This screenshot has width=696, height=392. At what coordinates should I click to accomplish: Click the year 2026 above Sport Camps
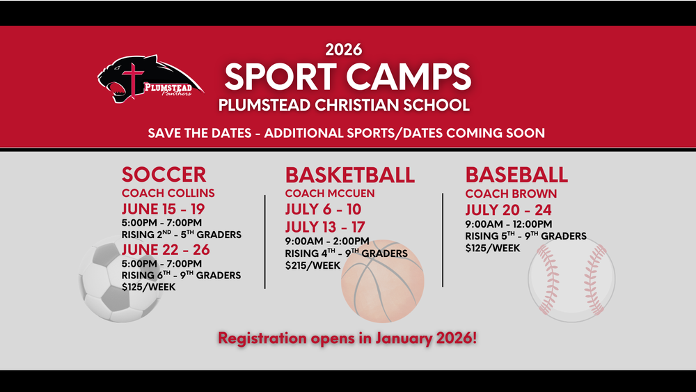[x=343, y=49]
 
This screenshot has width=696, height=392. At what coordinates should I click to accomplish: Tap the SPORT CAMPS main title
[x=347, y=77]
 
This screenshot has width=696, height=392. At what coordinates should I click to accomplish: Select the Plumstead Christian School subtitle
[x=344, y=106]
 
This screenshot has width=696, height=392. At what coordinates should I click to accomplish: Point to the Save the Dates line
[x=346, y=132]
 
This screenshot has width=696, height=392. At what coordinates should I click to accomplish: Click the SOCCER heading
[x=164, y=174]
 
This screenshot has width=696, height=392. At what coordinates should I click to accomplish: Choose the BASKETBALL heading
[x=350, y=174]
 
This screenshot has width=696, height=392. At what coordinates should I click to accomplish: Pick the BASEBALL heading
[x=516, y=174]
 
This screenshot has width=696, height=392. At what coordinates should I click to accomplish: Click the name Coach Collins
[x=168, y=193]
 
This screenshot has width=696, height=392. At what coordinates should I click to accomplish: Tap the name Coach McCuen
[x=330, y=193]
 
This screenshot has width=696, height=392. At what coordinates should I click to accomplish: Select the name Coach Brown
[x=511, y=194]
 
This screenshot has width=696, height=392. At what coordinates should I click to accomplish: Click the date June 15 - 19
[x=163, y=209]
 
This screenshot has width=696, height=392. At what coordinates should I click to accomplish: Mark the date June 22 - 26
[x=166, y=249]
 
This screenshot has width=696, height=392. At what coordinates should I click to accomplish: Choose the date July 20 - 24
[x=508, y=210]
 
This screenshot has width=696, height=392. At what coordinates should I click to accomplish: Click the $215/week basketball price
[x=313, y=265]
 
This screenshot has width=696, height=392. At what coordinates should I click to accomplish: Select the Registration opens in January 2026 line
[x=347, y=338]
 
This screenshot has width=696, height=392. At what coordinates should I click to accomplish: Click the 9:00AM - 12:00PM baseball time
[x=508, y=224]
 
